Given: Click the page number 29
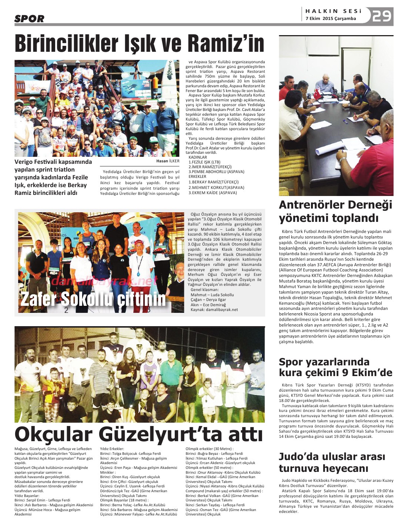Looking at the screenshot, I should [x=382, y=16].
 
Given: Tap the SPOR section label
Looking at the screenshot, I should [x=29, y=19].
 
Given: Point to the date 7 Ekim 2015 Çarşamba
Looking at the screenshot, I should [x=331, y=18].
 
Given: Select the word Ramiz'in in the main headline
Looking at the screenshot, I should [x=226, y=43].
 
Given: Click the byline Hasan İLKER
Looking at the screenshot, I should [x=168, y=161].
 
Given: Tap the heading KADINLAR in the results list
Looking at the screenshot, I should [x=198, y=157].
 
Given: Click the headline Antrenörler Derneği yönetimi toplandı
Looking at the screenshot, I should [x=335, y=211].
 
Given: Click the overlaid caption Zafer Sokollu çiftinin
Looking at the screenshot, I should [x=93, y=299].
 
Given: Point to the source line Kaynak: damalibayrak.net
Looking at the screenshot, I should [x=214, y=310].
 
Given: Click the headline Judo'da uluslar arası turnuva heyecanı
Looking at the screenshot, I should [x=332, y=462].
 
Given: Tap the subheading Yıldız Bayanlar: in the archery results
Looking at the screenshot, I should [x=27, y=496].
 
